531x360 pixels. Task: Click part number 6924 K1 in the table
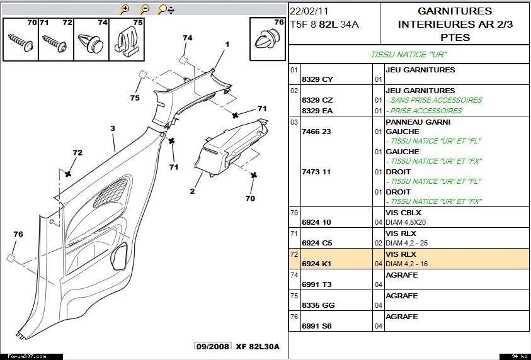[x=318, y=264]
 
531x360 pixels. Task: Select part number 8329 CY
[x=317, y=79]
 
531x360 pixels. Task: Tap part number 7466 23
[x=316, y=132]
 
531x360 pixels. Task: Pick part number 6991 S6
[x=317, y=325]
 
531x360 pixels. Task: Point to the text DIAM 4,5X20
[x=407, y=222]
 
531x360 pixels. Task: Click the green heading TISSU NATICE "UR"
[x=408, y=54]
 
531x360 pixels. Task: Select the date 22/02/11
[x=309, y=12]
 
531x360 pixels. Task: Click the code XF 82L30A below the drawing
[x=258, y=347]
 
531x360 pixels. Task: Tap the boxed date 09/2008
[x=212, y=347]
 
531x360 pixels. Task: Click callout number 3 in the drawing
[x=113, y=128]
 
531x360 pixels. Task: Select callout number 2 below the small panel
[x=191, y=191]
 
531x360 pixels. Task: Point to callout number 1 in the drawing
[x=227, y=44]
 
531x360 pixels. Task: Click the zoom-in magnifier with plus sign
[x=125, y=9]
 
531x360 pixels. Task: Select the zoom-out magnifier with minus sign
[x=144, y=9]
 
